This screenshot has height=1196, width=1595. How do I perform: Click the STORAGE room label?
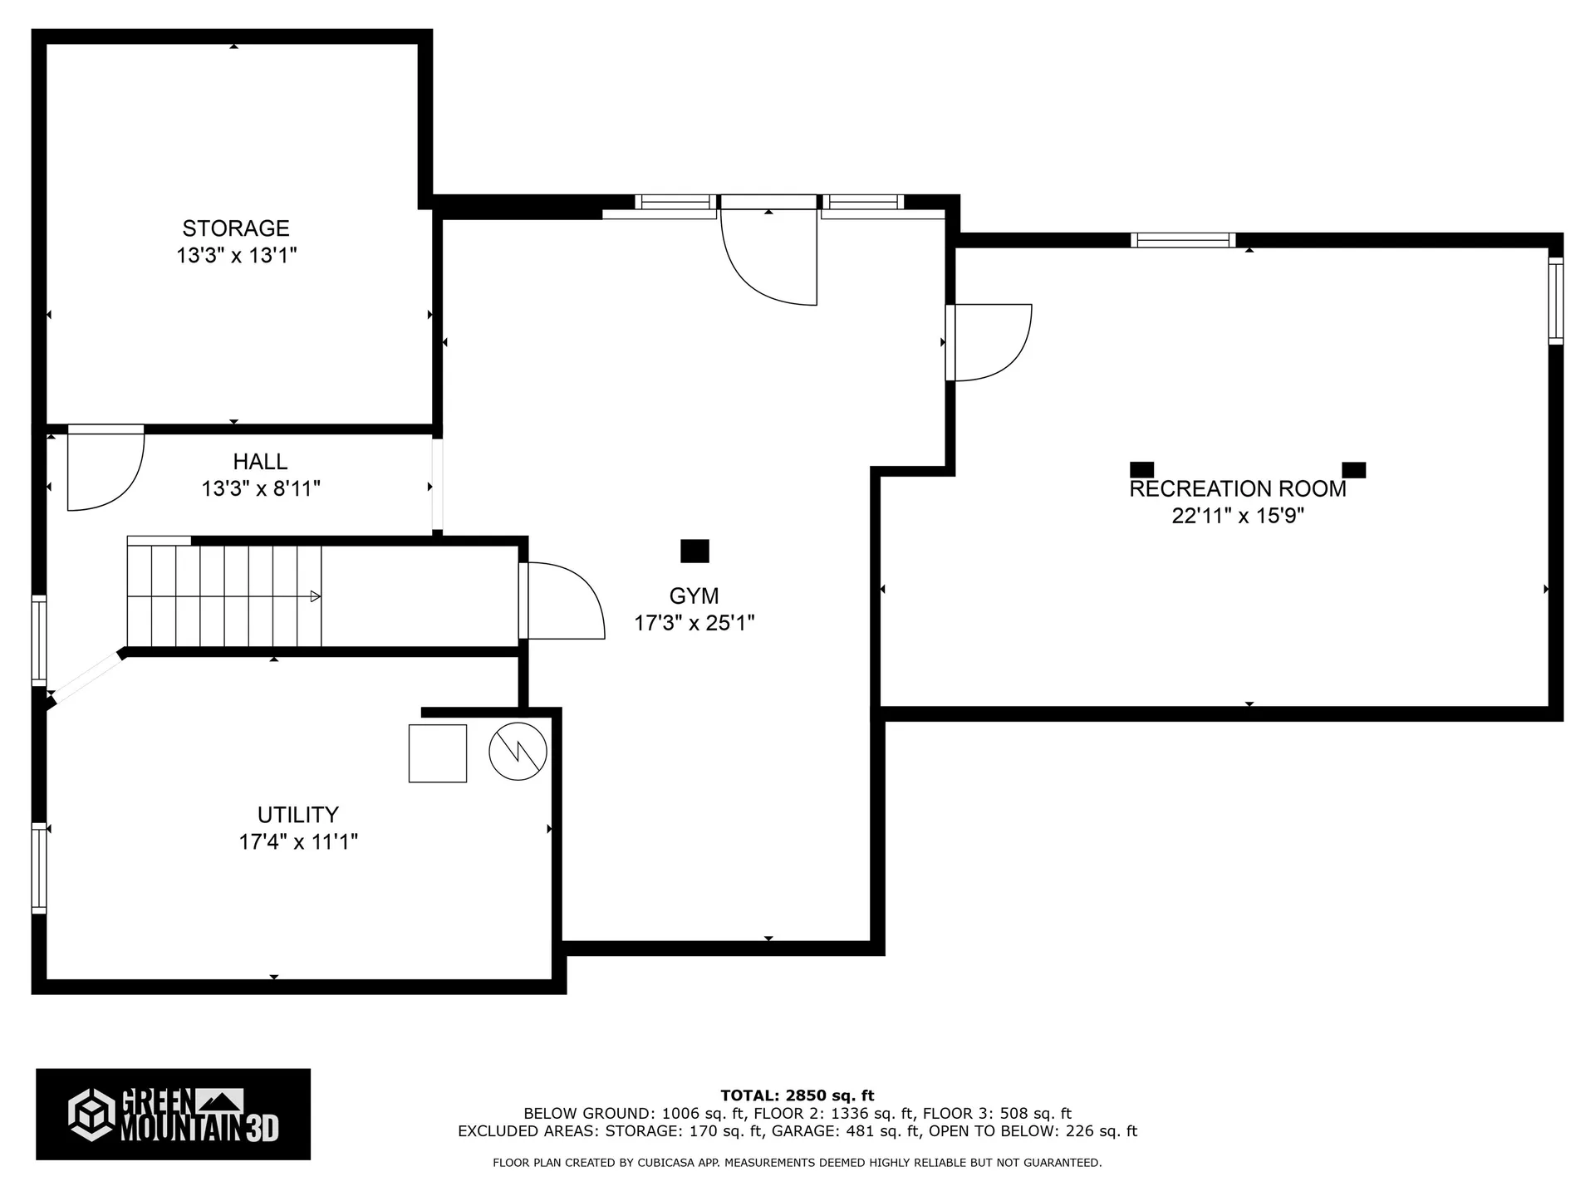coord(236,228)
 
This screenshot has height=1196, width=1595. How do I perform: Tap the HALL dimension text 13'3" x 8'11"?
coord(261,488)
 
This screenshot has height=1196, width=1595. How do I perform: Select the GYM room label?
coord(694,596)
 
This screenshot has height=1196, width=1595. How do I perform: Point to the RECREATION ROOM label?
coord(1238,488)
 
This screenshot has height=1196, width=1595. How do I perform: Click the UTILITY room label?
coord(297,815)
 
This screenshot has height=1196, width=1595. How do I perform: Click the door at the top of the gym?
coord(768,257)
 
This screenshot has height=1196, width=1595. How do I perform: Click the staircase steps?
coord(224,596)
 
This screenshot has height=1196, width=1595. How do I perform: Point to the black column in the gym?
coord(694,551)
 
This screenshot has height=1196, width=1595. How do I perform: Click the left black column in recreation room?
coord(1142,470)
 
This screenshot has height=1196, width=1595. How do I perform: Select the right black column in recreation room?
coord(1354,470)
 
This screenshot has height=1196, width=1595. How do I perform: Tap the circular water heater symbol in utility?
coord(518,752)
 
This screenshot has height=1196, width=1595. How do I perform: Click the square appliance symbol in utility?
coord(438,753)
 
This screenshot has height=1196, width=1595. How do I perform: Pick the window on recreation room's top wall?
coord(1183,241)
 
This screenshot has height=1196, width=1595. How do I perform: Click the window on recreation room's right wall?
coord(1556,301)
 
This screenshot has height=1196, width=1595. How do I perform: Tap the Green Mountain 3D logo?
coord(173,1114)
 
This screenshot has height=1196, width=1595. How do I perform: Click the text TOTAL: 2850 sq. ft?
coord(797,1096)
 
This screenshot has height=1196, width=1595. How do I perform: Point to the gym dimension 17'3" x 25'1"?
coord(694,623)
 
